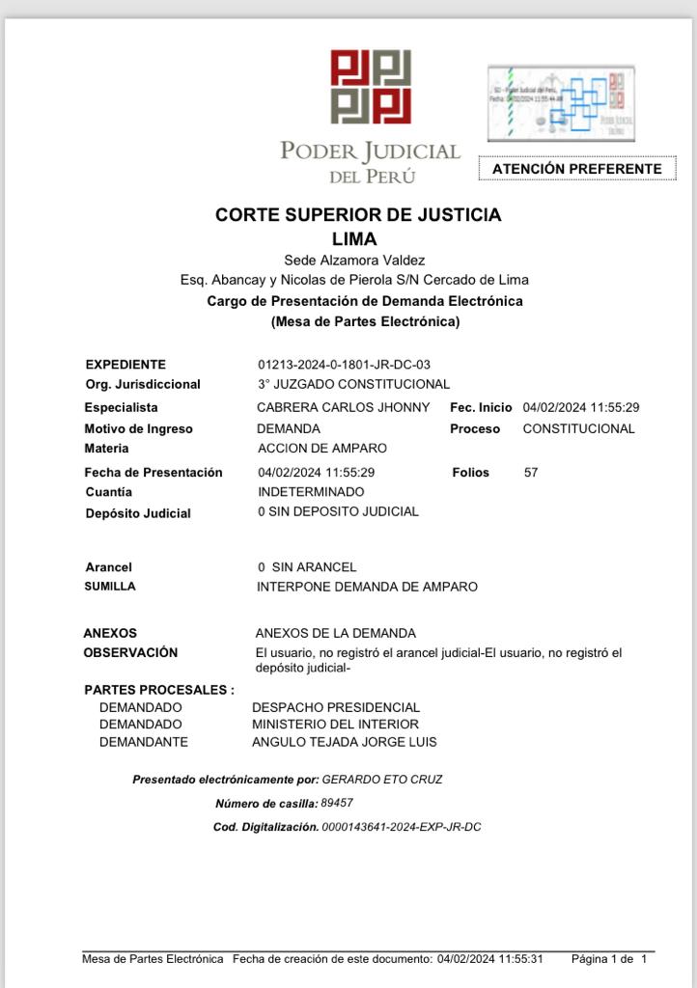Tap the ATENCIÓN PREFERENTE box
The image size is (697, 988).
click(576, 169)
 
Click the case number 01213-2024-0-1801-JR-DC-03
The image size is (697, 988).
click(344, 365)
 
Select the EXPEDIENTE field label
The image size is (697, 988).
click(125, 365)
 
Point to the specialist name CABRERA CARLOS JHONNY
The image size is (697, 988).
click(343, 408)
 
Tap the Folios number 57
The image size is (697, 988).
click(531, 473)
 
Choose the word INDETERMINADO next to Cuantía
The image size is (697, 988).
click(311, 492)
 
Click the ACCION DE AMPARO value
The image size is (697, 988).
click(322, 449)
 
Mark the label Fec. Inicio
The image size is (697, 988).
click(481, 408)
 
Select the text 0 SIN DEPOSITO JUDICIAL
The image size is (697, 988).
click(338, 512)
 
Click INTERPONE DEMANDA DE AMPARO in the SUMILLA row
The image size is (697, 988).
click(367, 587)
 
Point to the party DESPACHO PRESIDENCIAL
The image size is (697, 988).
click(336, 708)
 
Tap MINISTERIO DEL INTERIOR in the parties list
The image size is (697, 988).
click(335, 724)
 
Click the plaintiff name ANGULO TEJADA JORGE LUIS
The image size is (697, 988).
click(344, 742)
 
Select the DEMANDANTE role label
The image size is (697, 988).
click(144, 742)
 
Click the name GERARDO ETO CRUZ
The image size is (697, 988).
click(382, 779)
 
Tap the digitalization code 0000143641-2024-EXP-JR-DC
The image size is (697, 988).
click(402, 828)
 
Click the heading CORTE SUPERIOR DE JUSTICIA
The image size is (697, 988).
click(358, 215)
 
